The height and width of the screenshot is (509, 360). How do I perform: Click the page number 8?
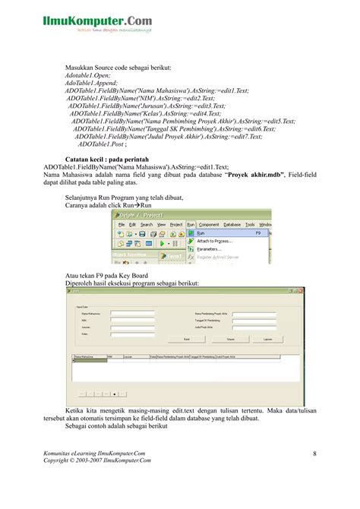tap(314, 454)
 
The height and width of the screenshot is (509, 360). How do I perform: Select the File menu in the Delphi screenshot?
tap(122, 225)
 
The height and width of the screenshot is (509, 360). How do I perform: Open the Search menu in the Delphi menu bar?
tap(147, 225)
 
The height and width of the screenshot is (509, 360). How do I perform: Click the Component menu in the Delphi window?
tap(209, 225)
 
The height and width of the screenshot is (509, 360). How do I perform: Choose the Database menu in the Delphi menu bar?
tap(232, 225)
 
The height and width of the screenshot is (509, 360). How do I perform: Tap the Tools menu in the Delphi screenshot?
tap(251, 225)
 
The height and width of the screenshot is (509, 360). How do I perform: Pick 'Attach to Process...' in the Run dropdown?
tap(213, 240)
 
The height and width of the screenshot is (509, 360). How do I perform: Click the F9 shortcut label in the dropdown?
tap(257, 233)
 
